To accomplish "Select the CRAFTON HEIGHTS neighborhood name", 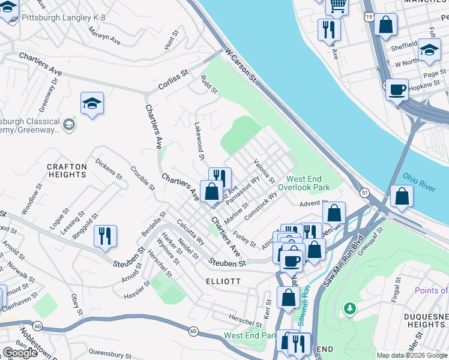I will pos(67,170).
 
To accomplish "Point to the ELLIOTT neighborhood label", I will pos(223,281).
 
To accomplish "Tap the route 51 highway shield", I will pos(364,192).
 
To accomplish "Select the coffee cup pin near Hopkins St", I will pos(397,89).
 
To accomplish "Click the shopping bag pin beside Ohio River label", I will pos(402,196).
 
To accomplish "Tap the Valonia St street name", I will pos(264,171).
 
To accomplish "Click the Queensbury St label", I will pos(109,353).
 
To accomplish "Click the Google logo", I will pos(20,353).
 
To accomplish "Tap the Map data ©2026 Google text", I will pos(412,355).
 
